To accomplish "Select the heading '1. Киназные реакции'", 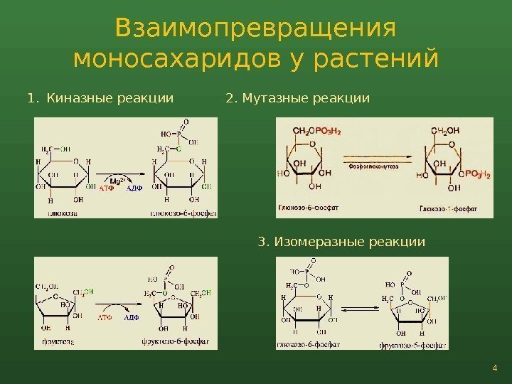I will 100,97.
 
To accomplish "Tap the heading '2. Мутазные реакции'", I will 297,97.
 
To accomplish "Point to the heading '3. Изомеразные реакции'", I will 341,242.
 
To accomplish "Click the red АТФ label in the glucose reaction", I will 106,188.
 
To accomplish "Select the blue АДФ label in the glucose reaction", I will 134,188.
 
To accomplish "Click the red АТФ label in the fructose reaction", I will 105,318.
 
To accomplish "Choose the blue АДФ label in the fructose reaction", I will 132,318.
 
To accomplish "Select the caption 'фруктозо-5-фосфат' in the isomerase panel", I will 413,345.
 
